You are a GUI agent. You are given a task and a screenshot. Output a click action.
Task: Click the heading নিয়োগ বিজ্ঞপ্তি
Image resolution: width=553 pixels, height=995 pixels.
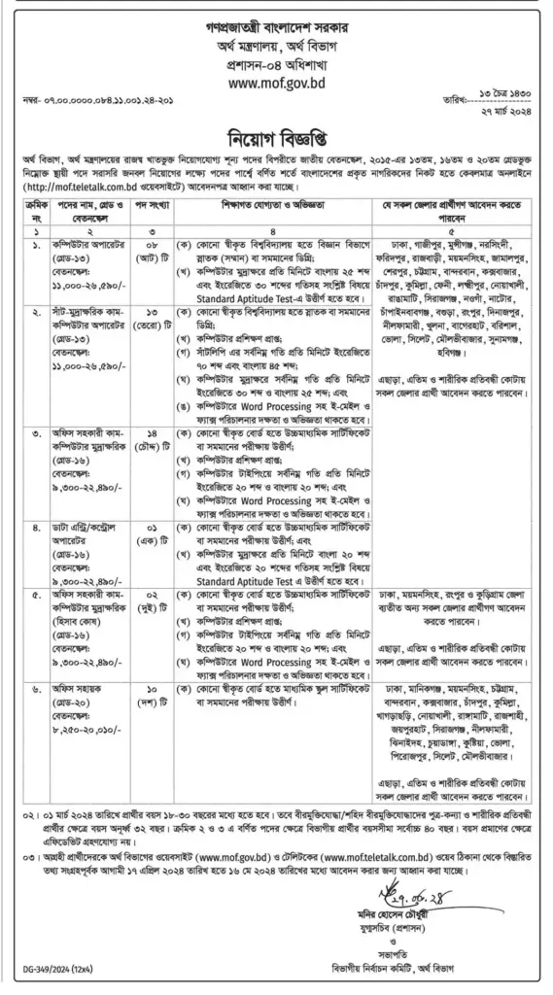pos(276,135)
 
